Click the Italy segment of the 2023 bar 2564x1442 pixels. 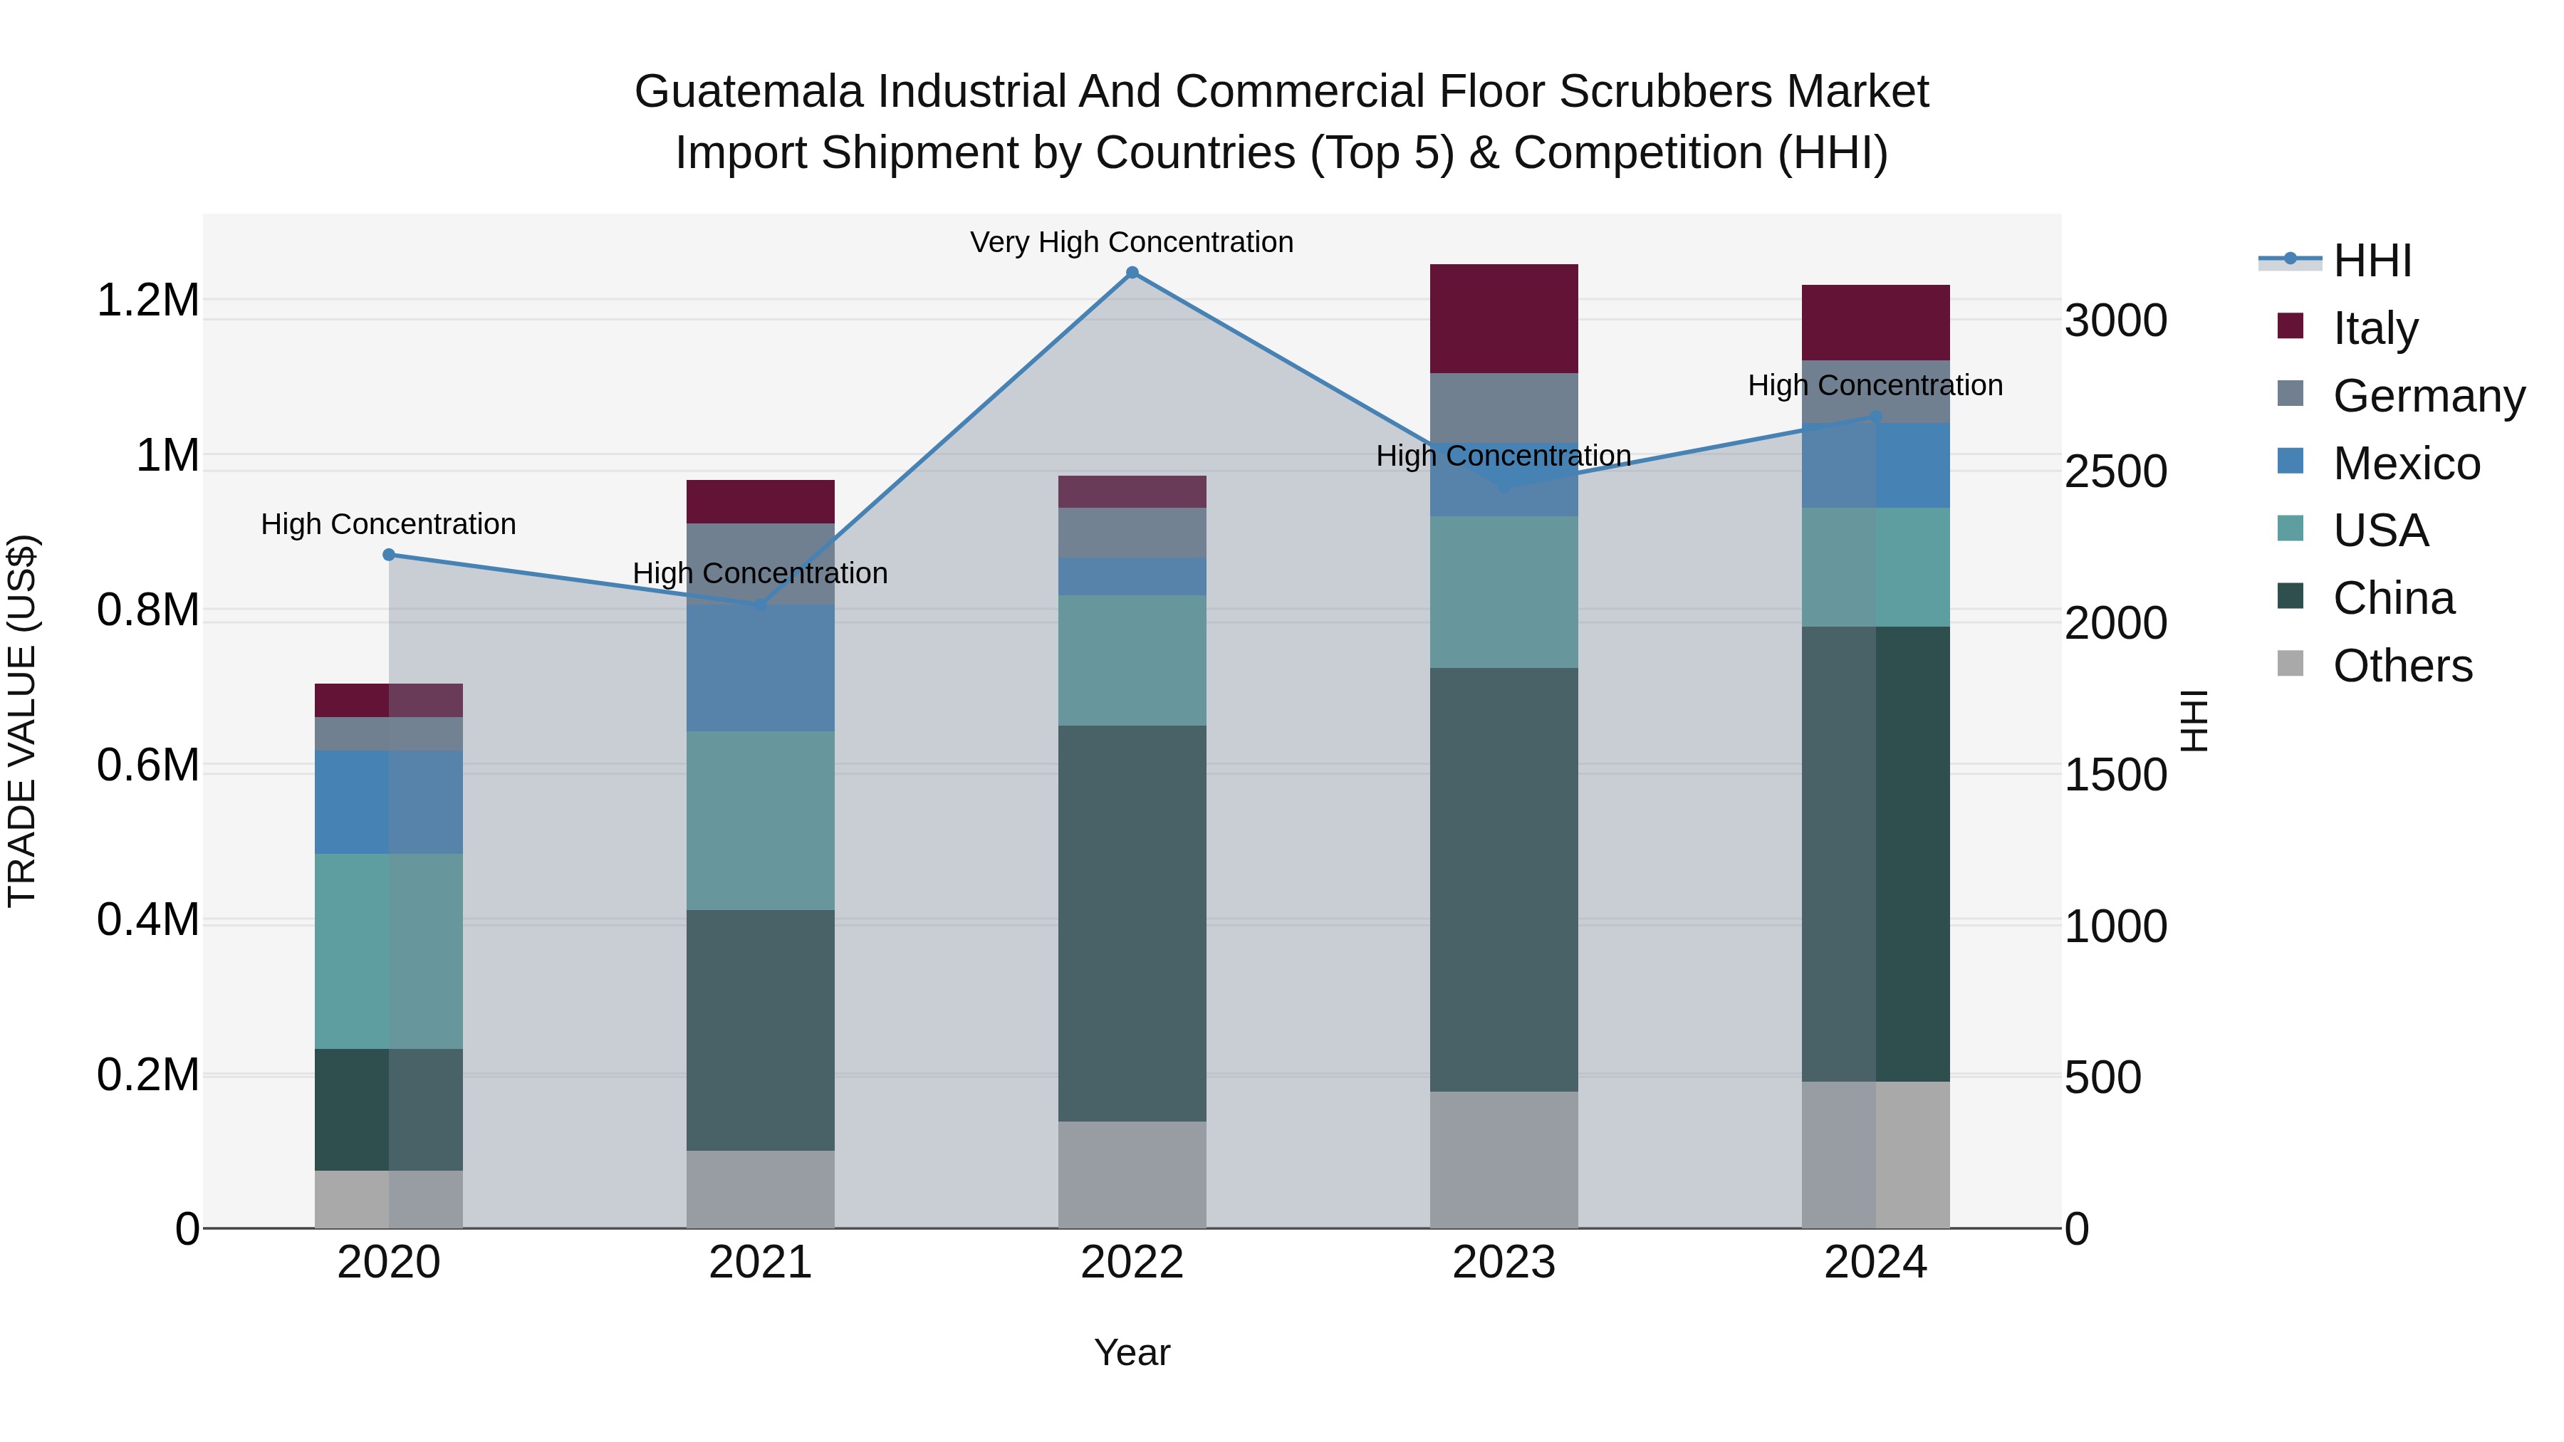point(1503,318)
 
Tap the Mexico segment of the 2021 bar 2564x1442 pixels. point(761,668)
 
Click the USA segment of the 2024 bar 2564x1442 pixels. point(1875,568)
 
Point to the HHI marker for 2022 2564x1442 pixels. point(1132,273)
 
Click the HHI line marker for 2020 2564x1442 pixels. point(389,555)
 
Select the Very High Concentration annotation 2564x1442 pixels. point(1132,242)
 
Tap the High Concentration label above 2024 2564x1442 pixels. point(1875,385)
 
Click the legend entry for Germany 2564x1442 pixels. point(2429,396)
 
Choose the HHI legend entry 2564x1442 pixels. point(2372,261)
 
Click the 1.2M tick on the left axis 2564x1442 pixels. point(148,301)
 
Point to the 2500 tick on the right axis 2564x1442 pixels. point(2116,471)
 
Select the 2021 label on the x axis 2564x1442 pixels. point(761,1263)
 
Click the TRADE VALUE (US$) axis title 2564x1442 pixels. point(22,721)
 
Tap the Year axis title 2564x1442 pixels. point(1132,1352)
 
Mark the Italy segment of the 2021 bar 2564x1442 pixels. point(761,501)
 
